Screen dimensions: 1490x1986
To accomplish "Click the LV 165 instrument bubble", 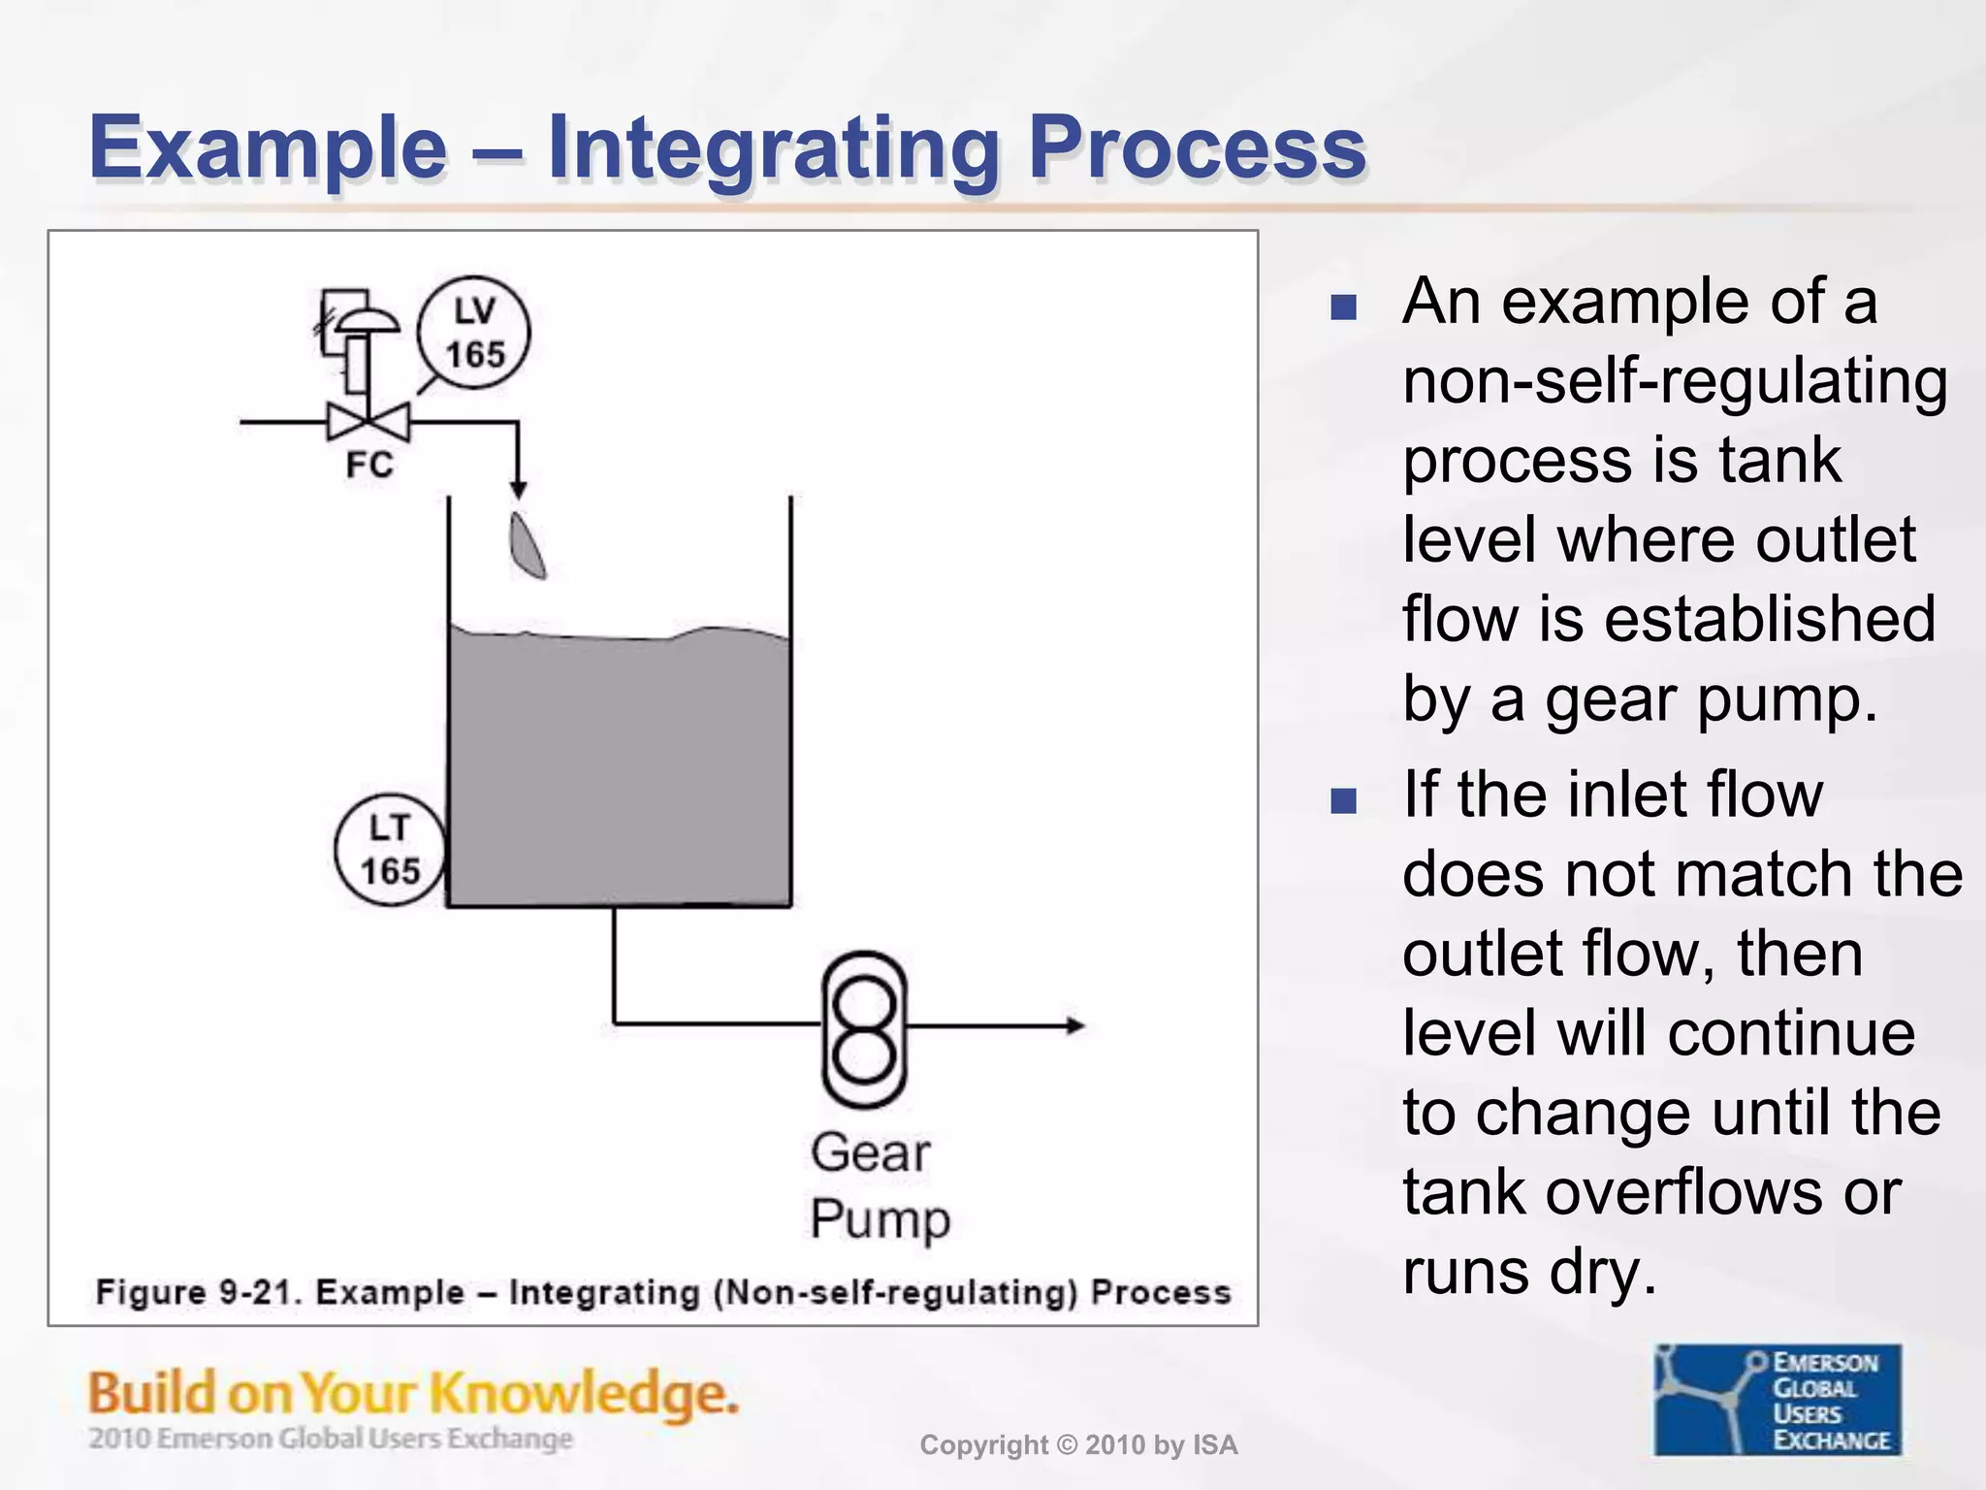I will (474, 333).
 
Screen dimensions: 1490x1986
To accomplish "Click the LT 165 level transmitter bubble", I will (390, 850).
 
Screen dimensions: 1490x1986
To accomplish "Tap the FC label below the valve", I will (369, 466).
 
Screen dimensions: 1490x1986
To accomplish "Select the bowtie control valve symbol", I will (368, 423).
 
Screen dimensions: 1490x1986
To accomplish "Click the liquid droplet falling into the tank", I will (528, 546).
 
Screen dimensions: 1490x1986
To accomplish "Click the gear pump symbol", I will (864, 1028).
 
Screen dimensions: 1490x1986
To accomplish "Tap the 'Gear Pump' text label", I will (878, 1185).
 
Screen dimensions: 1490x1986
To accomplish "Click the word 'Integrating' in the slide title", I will (773, 147).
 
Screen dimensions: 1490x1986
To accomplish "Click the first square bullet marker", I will (1343, 308).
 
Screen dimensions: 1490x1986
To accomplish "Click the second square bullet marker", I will (1343, 800).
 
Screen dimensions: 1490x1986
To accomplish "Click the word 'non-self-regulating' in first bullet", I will (1675, 380).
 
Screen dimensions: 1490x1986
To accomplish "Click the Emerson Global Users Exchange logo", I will (1778, 1399).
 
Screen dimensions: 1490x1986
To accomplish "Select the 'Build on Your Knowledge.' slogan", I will (413, 1393).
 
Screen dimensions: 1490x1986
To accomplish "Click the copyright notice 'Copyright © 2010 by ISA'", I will (1078, 1445).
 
